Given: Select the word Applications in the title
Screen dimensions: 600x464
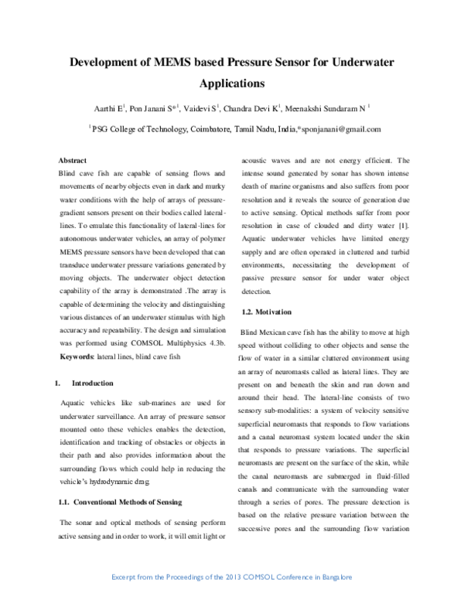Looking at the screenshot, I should [232, 81].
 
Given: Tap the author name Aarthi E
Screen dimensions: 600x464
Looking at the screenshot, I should [115, 108].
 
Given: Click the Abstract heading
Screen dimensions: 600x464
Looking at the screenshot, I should [73, 160].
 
